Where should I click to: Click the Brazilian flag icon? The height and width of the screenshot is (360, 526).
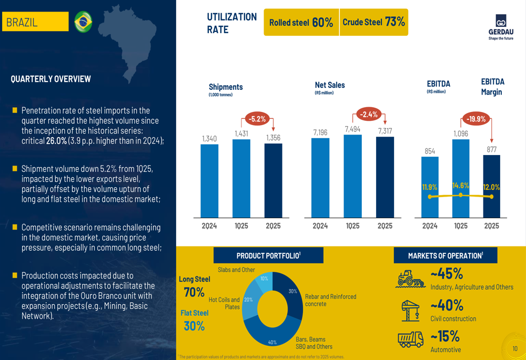pos(83,22)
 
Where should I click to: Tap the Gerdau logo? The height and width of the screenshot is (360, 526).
pos(501,27)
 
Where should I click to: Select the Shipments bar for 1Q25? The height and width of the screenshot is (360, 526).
pos(241,178)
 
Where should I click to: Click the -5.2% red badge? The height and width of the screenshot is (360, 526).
pos(257,119)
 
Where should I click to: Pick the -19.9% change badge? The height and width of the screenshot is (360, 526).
pos(476,119)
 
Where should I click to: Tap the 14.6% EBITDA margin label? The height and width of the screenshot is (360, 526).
pos(461,186)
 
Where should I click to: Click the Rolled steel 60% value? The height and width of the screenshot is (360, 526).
pos(322,22)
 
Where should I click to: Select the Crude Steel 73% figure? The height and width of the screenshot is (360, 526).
pos(395,22)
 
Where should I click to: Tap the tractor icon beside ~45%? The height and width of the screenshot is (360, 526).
pos(410,279)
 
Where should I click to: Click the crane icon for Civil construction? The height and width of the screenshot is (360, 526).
pos(410,310)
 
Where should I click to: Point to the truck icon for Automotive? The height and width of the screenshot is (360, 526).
pos(410,340)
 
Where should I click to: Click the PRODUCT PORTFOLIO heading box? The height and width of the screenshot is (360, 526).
pos(268,255)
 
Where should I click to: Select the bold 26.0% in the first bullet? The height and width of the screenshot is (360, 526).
pos(56,141)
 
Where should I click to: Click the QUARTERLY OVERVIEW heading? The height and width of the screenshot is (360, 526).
pos(50,79)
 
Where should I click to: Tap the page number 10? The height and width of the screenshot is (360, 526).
pos(515,348)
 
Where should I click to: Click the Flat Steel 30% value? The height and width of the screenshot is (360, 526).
pos(194,326)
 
